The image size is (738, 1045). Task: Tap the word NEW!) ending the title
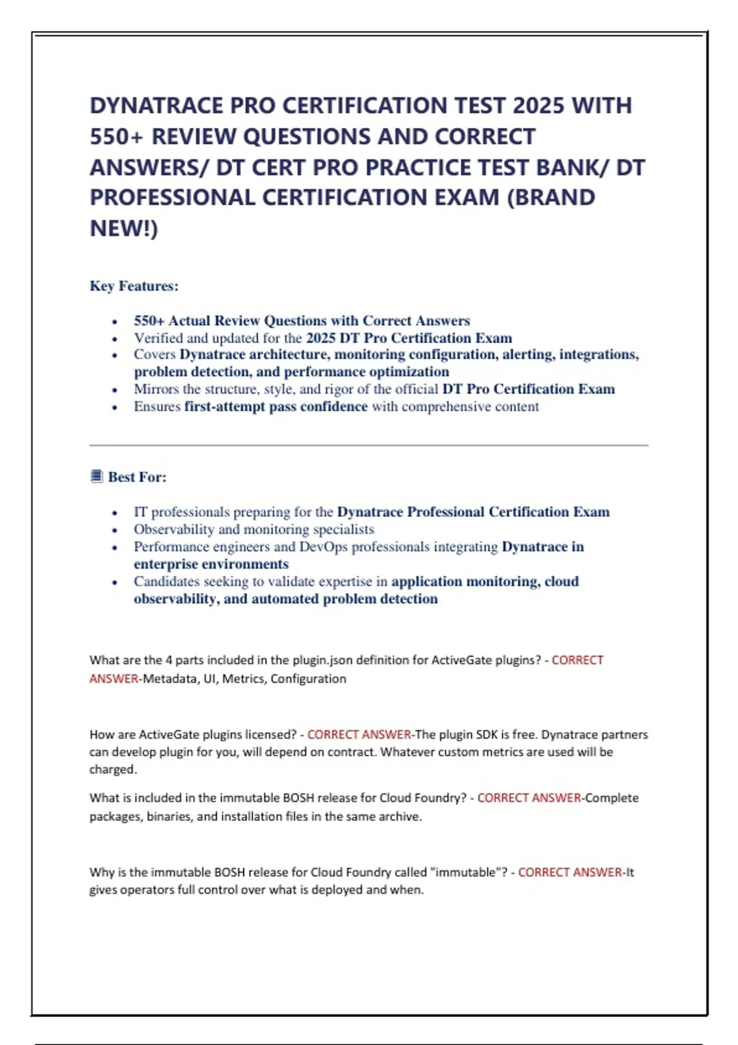coord(124,229)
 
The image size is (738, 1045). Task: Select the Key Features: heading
coord(134,286)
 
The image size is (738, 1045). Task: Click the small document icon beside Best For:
coord(97,476)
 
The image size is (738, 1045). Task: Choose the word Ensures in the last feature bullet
coord(157,406)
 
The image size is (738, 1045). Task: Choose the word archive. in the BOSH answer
coord(402,816)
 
